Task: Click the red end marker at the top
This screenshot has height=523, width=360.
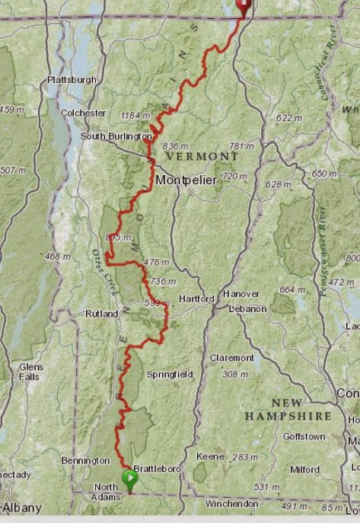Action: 244,8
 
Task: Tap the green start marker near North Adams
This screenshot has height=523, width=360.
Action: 129,479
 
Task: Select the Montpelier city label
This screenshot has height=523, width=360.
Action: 186,180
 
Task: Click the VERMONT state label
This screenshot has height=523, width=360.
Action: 202,155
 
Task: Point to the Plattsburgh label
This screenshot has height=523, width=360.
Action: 72,79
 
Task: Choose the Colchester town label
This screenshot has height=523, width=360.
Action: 83,113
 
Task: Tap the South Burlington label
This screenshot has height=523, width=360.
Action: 116,136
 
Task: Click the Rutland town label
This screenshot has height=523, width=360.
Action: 101,313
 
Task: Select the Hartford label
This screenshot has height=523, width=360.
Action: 196,298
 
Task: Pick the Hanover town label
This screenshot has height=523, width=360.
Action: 241,293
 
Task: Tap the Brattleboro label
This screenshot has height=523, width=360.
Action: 157,469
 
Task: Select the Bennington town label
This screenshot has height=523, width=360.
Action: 85,461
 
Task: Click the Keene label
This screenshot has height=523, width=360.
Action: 211,456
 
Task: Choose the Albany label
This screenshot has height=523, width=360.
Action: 21,507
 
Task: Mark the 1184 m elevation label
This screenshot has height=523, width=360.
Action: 135,116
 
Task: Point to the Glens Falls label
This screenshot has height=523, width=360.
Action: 31,371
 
